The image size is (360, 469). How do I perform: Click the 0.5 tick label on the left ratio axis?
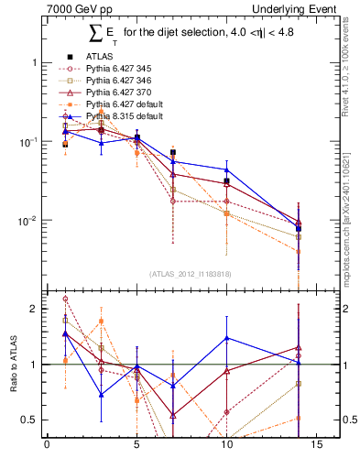coord(30,420)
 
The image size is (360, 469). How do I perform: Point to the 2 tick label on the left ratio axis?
coord(35,309)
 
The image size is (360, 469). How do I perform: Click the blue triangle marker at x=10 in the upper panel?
coord(226,169)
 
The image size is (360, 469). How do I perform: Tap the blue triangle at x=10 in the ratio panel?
coord(226,338)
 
